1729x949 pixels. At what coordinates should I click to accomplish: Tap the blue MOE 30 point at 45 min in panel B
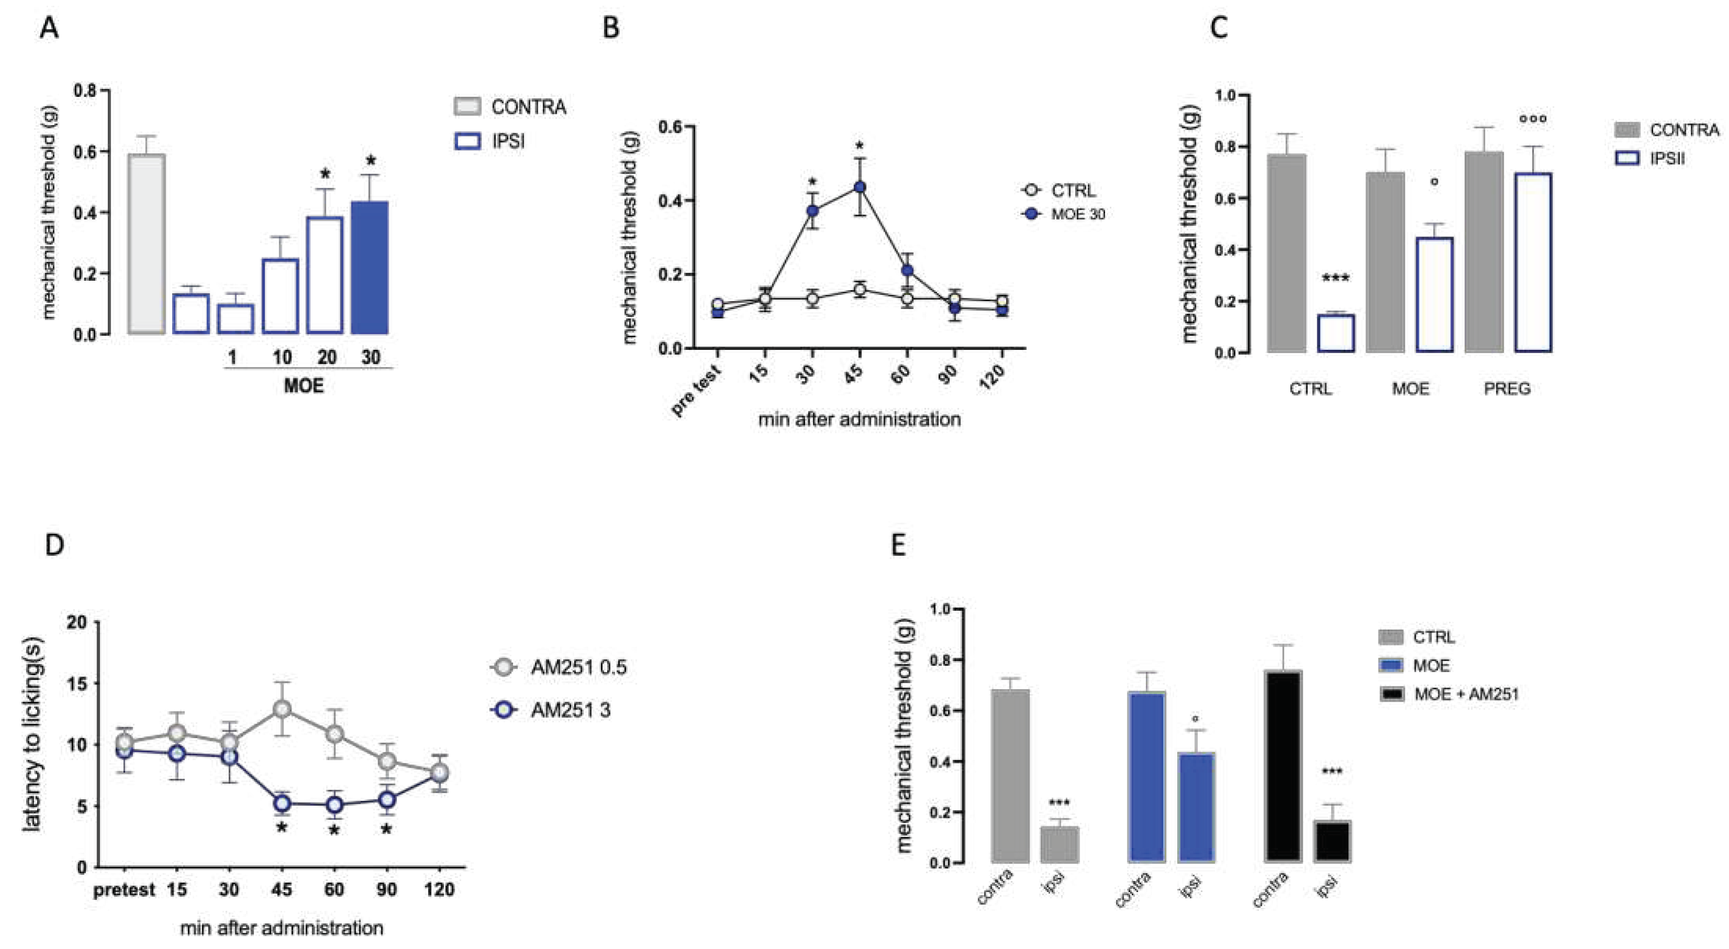point(859,187)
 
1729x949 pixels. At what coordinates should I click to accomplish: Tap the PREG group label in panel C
point(1507,388)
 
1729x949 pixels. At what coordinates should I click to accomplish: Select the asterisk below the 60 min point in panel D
point(334,831)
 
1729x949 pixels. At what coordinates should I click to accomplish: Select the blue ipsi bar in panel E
point(1196,807)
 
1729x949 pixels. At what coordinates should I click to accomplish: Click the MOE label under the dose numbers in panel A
point(303,386)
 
